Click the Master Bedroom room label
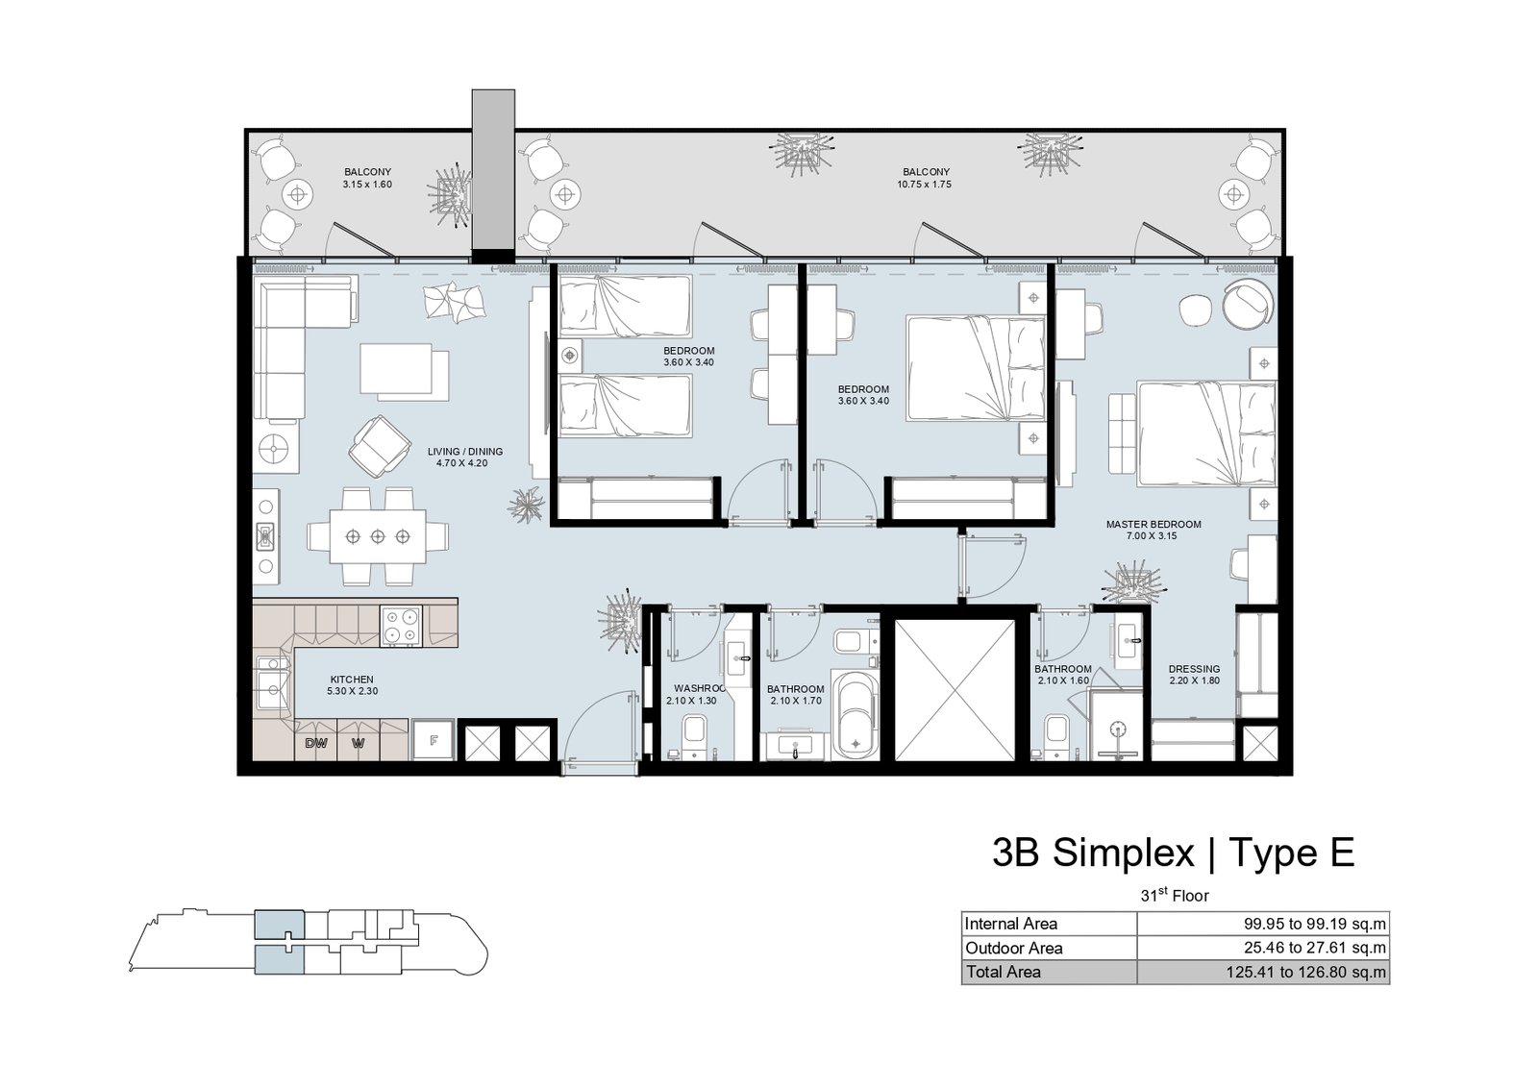tap(1153, 525)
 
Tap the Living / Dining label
tap(465, 452)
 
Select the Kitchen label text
tap(352, 680)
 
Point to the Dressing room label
tap(1194, 669)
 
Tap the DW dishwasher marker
tap(316, 742)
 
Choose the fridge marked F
tap(434, 740)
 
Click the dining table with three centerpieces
tap(378, 536)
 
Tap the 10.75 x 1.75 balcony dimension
tap(924, 184)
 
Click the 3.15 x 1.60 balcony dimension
tap(367, 184)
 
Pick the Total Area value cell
tap(1263, 973)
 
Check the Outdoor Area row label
tap(1013, 949)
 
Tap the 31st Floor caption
tap(1175, 895)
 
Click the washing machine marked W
tap(358, 742)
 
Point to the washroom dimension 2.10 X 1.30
tap(691, 701)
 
